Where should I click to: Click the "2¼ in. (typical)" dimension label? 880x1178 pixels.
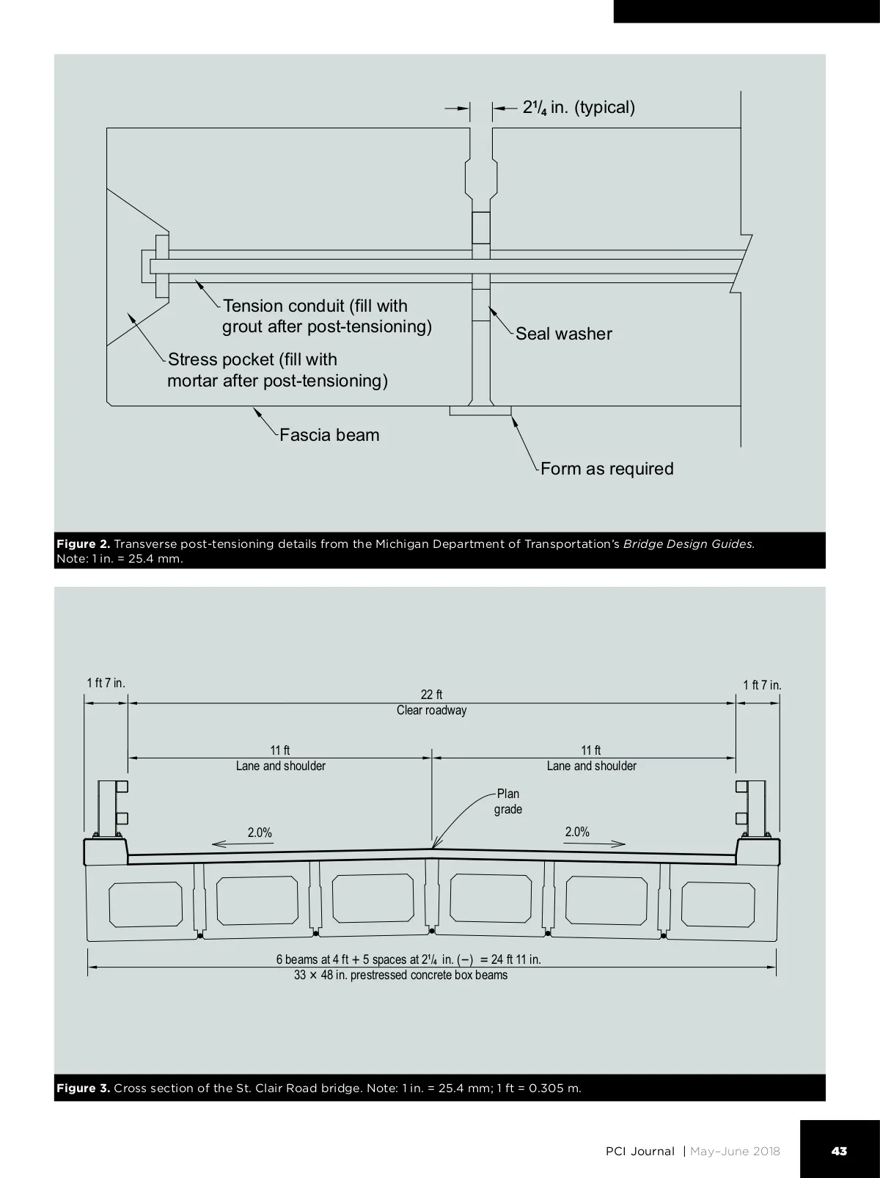click(579, 108)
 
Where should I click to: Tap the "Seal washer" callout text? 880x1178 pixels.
click(563, 334)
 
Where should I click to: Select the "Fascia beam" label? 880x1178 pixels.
click(329, 435)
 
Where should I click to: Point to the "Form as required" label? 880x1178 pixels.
click(606, 469)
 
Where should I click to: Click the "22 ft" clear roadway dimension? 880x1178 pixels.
click(431, 695)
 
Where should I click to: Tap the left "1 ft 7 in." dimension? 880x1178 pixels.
click(106, 683)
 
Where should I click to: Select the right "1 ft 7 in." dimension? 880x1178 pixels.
click(762, 685)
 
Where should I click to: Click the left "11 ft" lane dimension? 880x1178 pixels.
click(280, 750)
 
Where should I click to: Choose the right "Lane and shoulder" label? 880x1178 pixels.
click(591, 766)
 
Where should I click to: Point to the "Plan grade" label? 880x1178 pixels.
click(507, 801)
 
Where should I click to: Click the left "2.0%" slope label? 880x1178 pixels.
click(260, 833)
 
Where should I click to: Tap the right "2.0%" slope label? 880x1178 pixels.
click(577, 832)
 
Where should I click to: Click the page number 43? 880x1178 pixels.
click(839, 1151)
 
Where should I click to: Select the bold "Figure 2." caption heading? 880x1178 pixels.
click(83, 544)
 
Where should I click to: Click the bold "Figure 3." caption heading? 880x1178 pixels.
click(83, 1088)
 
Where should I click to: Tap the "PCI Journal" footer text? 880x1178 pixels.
click(639, 1151)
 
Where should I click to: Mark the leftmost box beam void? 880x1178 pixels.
click(146, 904)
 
